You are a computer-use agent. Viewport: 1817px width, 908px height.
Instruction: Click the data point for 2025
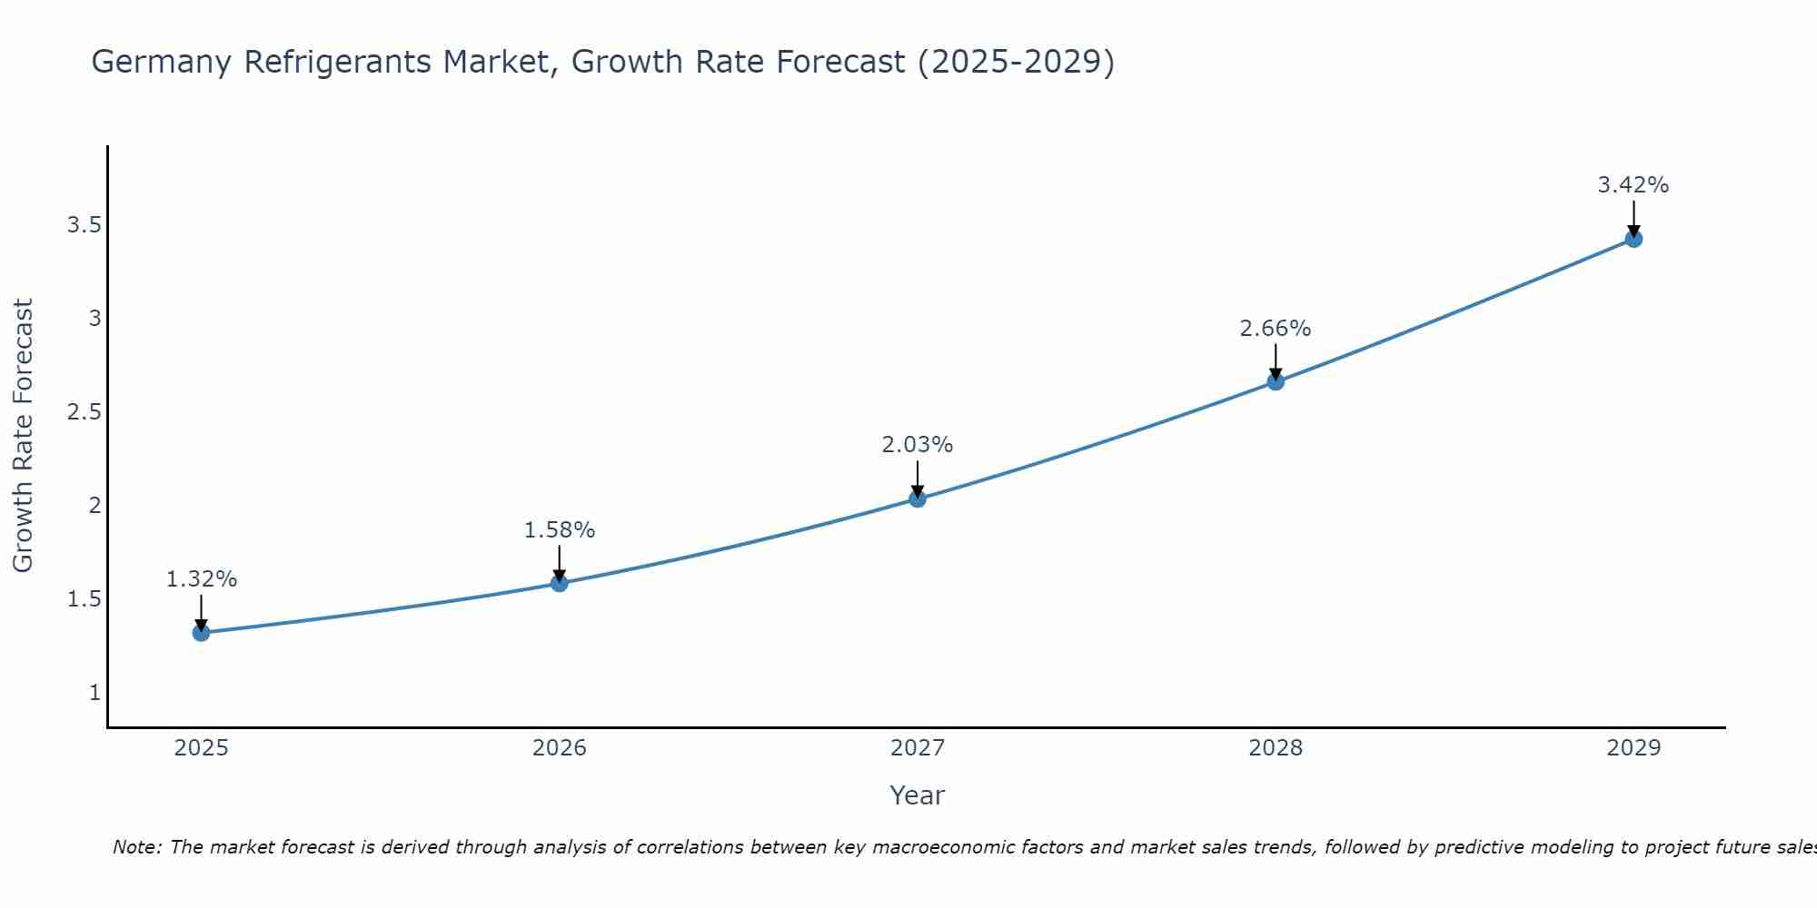(202, 633)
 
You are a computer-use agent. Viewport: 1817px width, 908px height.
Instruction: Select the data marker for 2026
(560, 583)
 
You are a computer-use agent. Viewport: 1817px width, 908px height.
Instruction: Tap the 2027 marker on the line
(918, 498)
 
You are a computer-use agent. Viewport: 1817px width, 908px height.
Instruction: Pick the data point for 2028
(1276, 381)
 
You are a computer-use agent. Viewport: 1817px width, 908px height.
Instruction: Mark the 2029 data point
(1633, 239)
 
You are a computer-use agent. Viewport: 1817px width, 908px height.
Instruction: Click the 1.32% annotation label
(202, 579)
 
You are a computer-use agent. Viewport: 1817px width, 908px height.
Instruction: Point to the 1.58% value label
(560, 530)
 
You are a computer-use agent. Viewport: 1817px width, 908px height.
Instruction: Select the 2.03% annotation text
(918, 445)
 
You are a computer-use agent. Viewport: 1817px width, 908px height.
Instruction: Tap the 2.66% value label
(1276, 329)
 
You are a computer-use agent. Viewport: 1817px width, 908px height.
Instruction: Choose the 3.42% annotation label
(1633, 185)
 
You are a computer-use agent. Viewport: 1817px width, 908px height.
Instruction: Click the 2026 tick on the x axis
(560, 748)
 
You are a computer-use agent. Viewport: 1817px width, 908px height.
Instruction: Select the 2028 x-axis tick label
(1276, 748)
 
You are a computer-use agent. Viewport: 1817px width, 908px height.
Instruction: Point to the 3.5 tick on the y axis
(84, 225)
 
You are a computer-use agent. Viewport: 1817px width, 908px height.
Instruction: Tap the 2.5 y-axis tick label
(84, 412)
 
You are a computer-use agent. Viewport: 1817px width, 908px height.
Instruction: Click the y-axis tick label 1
(94, 693)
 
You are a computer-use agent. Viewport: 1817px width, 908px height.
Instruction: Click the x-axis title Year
(918, 795)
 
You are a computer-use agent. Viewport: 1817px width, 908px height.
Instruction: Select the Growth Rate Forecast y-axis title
(24, 436)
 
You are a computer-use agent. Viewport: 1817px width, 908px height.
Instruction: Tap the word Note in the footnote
(136, 847)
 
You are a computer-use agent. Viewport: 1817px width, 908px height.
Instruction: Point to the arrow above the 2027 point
(918, 479)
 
